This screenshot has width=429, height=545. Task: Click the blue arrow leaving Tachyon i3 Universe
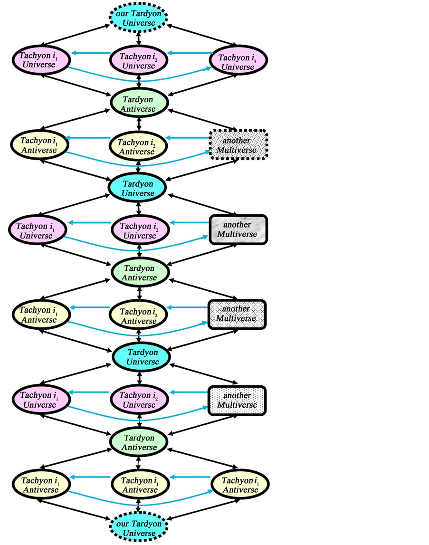point(190,53)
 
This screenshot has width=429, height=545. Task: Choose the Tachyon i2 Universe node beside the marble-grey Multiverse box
point(138,230)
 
